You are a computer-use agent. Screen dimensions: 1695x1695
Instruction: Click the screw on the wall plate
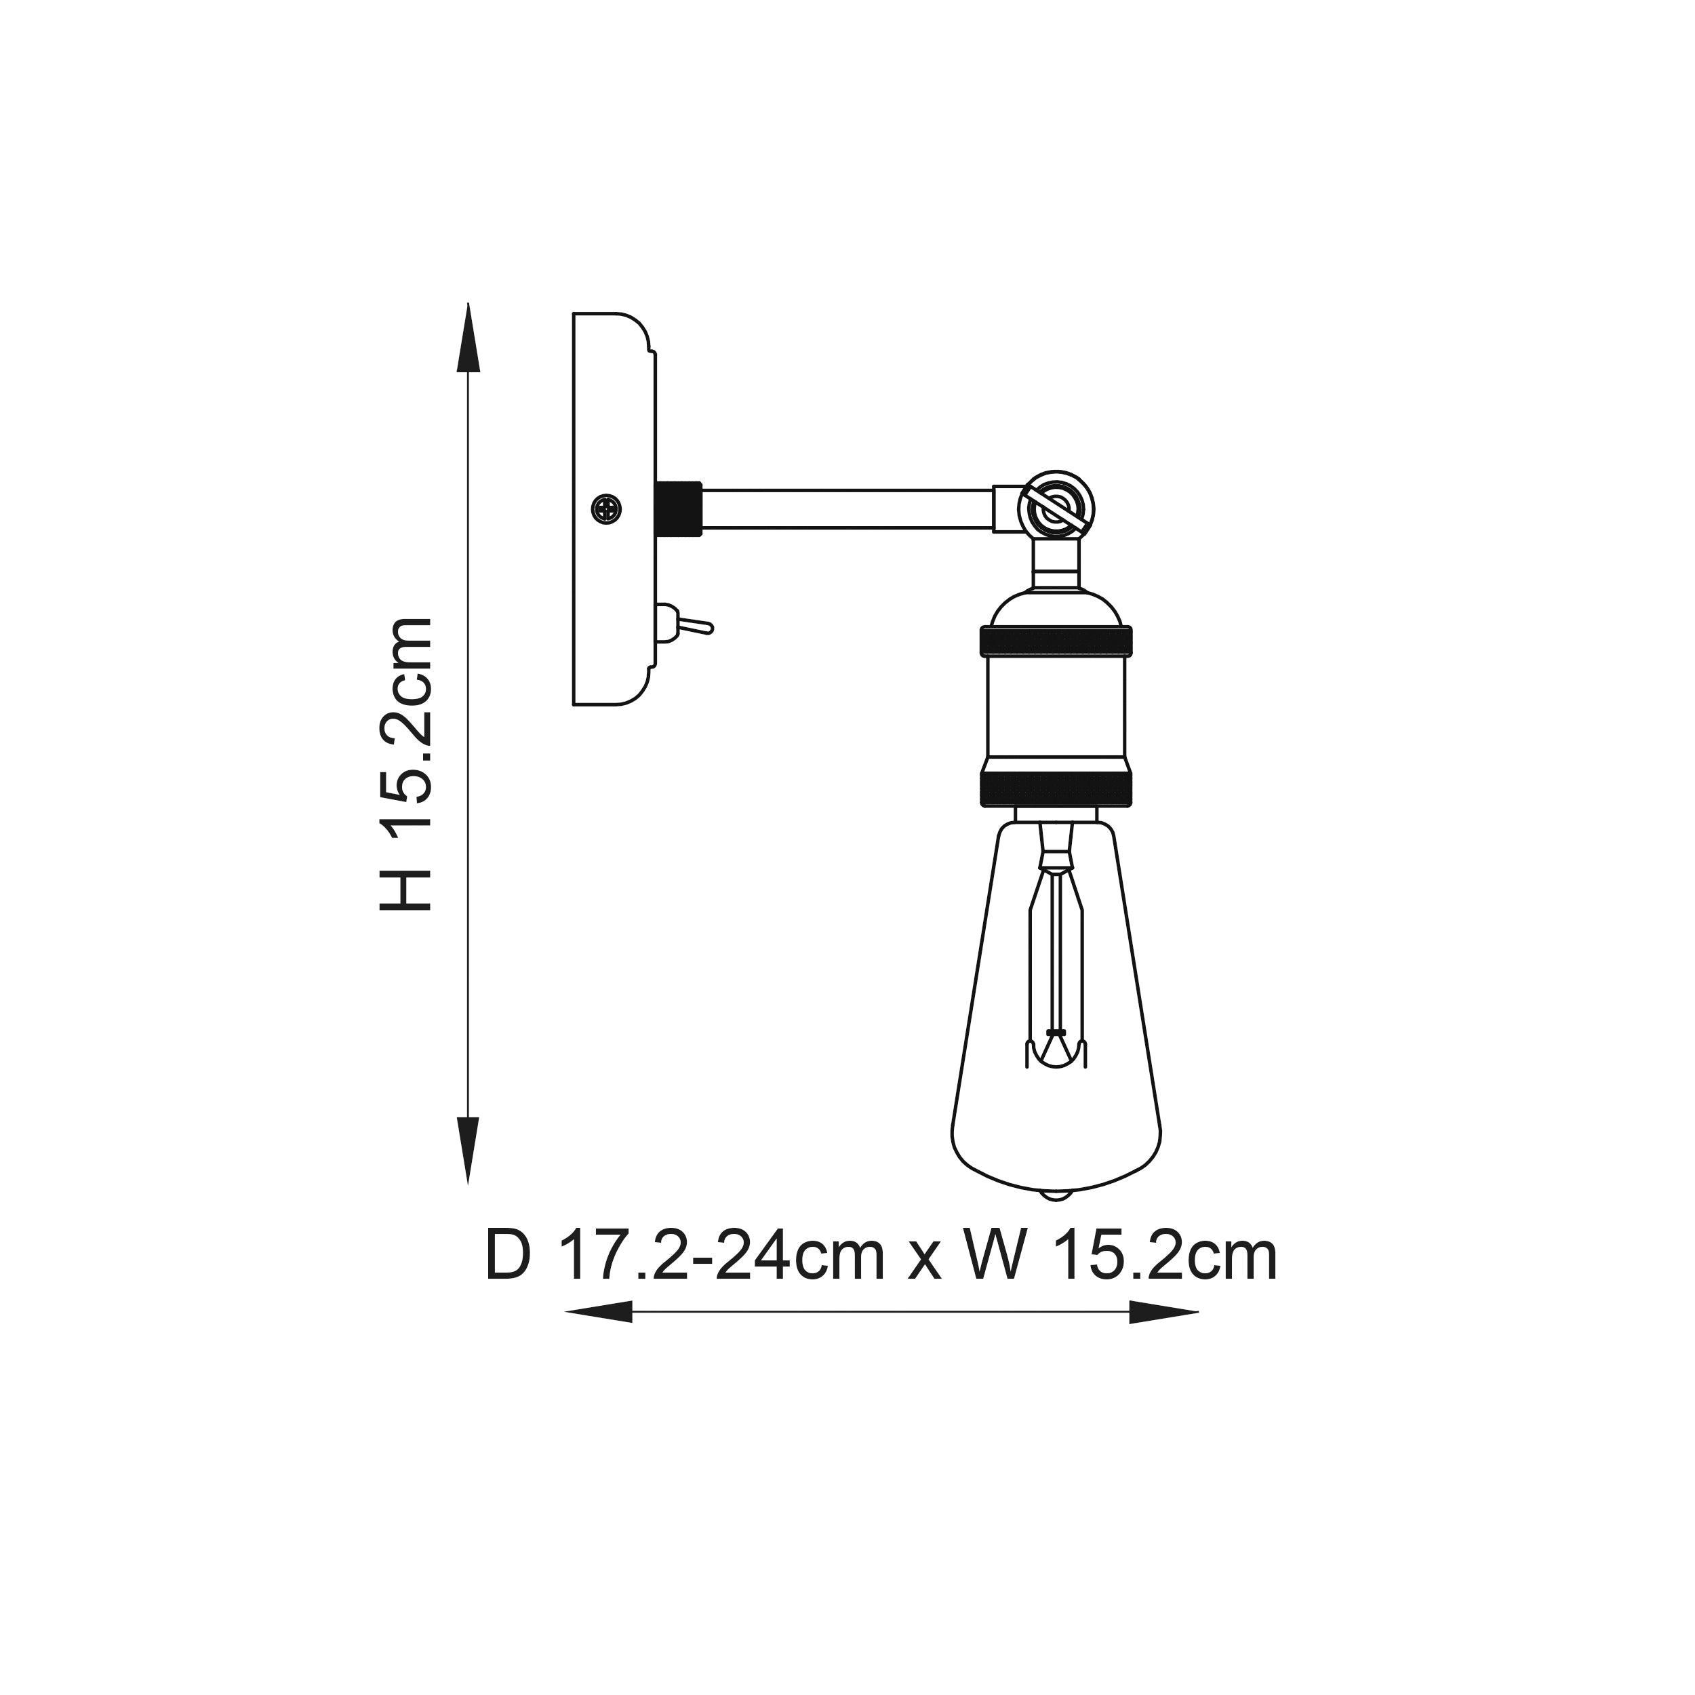(605, 507)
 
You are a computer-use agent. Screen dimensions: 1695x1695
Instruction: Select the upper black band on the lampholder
(1056, 641)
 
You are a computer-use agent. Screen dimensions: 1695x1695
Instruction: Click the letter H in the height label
(405, 883)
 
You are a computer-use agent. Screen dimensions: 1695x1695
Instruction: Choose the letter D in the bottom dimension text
(509, 1257)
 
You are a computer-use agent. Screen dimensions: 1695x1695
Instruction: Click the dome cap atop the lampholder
(1056, 606)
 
